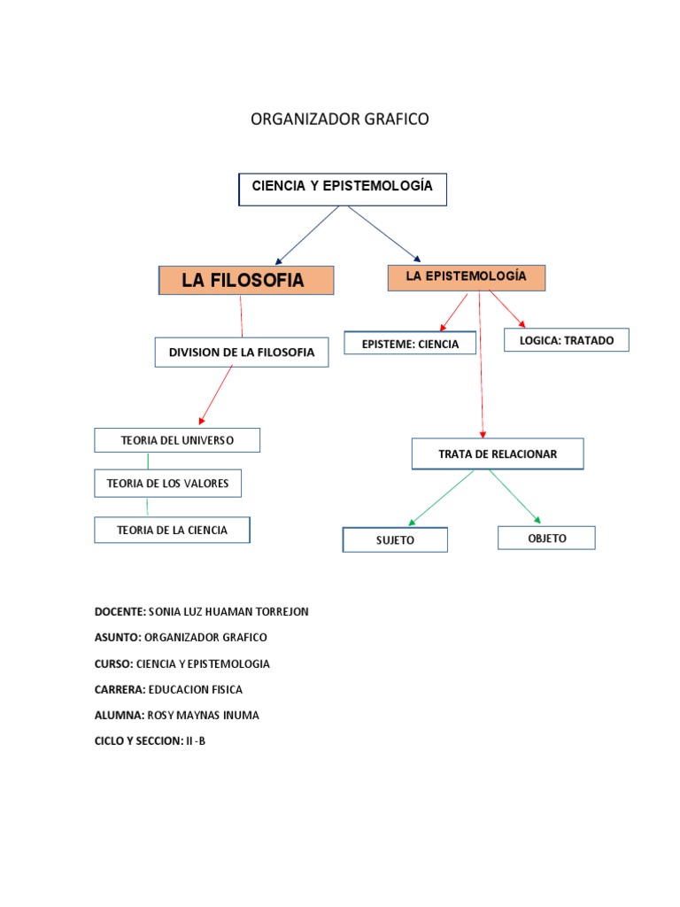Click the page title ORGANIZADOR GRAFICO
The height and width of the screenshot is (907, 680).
340,120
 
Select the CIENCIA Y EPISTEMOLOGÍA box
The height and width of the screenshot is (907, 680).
343,189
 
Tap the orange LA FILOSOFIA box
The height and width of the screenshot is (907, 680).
245,281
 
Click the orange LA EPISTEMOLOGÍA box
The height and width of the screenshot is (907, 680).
467,277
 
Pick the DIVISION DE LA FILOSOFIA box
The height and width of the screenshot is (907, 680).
241,353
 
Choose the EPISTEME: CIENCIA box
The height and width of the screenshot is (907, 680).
411,344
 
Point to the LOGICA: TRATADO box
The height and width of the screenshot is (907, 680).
567,340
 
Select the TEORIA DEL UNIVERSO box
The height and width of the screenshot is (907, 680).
177,440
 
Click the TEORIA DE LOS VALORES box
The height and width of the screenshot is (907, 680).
167,484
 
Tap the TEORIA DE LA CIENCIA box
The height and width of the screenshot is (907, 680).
172,531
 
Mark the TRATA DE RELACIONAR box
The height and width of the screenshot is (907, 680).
498,454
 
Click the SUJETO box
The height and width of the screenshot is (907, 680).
395,539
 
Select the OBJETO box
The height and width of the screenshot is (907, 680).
546,538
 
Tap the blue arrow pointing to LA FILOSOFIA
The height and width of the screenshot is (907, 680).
307,236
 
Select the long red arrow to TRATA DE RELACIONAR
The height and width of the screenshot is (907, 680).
481,363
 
